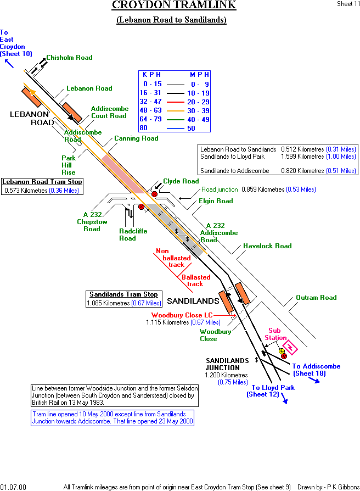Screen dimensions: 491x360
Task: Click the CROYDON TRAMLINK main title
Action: point(174,5)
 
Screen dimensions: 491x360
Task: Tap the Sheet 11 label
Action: point(348,4)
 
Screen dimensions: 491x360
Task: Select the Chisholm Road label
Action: point(69,58)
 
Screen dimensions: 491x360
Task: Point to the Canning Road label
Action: point(136,139)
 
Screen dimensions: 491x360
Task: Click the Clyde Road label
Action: point(181,181)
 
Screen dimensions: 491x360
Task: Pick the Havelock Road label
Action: point(267,246)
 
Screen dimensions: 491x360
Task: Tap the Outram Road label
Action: point(316,298)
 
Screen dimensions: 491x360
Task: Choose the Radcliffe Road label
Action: point(133,235)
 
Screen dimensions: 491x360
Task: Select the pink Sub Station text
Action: point(277,334)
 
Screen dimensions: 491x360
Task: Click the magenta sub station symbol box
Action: point(291,348)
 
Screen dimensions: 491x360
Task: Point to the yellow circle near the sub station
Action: point(282,350)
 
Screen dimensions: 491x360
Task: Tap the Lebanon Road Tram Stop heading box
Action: point(42,182)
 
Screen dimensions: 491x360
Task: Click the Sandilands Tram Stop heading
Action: point(124,294)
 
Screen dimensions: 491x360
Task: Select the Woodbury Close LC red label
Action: point(182,315)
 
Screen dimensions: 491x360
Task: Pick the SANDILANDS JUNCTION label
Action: point(222,364)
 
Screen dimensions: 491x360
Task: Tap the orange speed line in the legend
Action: point(175,110)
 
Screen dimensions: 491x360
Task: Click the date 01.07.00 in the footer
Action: point(13,487)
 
